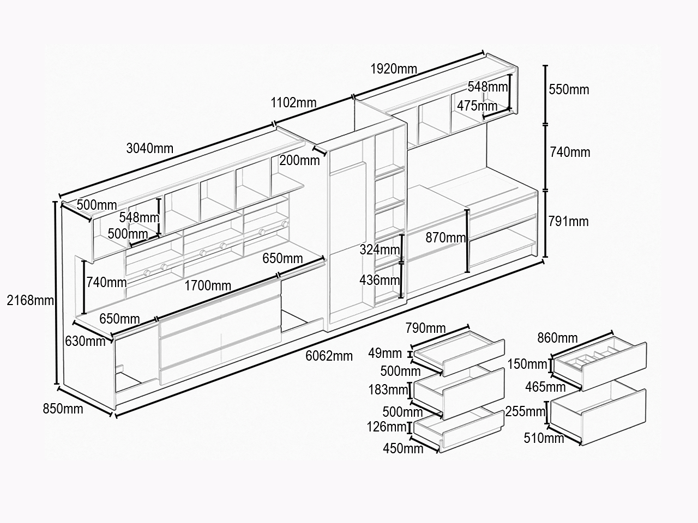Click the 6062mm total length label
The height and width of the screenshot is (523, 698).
coord(329,356)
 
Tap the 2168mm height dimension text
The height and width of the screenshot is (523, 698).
coord(30,300)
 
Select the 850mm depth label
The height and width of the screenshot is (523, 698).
coord(63,409)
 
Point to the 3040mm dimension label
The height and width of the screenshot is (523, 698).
coord(150,148)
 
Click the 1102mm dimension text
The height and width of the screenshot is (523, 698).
coord(293,102)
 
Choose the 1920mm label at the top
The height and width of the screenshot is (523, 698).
coord(394,69)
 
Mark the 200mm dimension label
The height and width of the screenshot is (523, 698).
coord(299,160)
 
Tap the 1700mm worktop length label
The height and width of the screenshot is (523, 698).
coord(208,286)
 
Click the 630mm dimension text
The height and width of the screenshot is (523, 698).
coord(85,341)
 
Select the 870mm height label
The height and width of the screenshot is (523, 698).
coord(446,238)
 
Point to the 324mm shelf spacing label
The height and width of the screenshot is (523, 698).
coord(380,250)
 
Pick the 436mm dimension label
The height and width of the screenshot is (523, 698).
coord(380,280)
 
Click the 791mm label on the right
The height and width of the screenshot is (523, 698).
coord(569,221)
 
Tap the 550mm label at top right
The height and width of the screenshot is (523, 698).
coord(569,89)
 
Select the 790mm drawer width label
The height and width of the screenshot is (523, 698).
coord(425,328)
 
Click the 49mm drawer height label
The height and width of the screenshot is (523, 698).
coord(385,353)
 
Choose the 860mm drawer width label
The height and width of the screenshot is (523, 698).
coord(557,338)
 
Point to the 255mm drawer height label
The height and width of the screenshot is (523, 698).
coord(525,411)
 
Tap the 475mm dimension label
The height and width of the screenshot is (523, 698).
coord(477,106)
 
